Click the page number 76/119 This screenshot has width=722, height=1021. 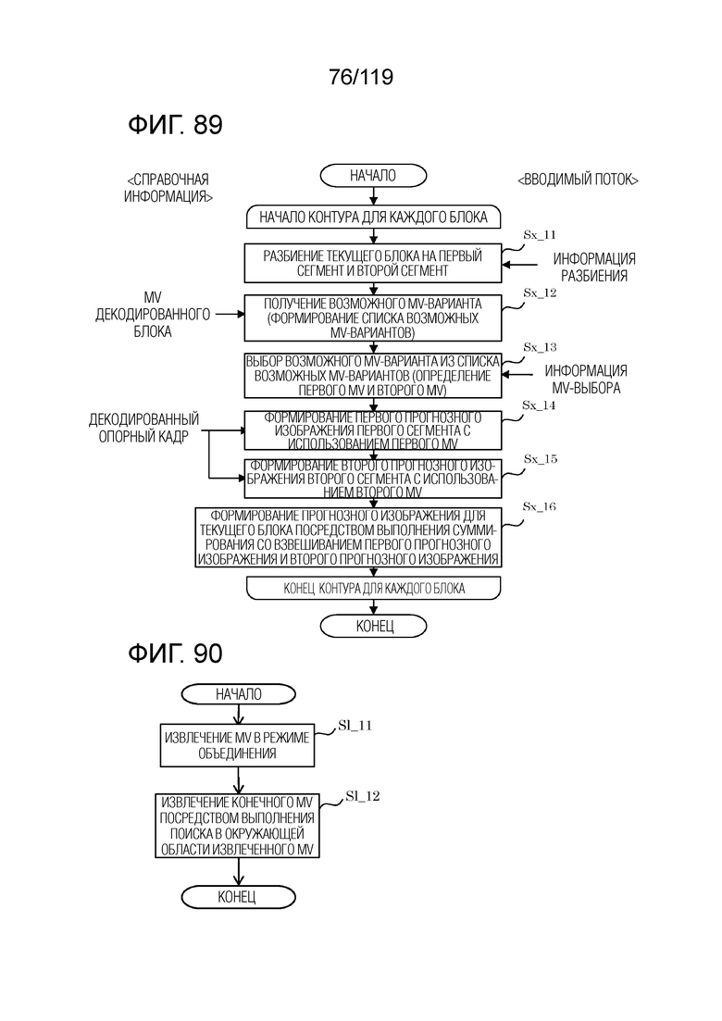click(x=361, y=78)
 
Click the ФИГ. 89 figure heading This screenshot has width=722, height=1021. click(x=175, y=124)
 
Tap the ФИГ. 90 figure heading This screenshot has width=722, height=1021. click(x=175, y=654)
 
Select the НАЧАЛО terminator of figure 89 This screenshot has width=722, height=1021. click(x=373, y=175)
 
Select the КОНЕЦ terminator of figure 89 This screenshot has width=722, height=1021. click(x=373, y=627)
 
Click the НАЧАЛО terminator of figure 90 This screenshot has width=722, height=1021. click(x=238, y=695)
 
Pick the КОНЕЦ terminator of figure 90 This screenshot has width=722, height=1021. click(x=238, y=897)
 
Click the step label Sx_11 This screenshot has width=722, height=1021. click(x=540, y=235)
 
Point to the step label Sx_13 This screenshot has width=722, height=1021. click(x=540, y=347)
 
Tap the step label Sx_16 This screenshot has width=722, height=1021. click(x=539, y=506)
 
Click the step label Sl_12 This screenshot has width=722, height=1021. click(x=363, y=796)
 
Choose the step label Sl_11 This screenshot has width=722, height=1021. click(x=355, y=726)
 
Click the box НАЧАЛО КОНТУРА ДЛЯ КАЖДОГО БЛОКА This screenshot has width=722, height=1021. click(x=373, y=218)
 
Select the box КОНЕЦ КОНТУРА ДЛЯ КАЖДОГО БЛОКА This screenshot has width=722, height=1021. click(x=373, y=589)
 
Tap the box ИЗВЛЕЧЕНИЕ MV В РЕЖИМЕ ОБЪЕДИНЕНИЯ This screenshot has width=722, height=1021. click(x=237, y=745)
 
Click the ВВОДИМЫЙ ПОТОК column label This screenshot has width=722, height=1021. click(x=578, y=180)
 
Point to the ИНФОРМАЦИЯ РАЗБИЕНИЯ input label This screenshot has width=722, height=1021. click(x=593, y=267)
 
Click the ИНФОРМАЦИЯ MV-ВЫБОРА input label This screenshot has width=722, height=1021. click(x=586, y=379)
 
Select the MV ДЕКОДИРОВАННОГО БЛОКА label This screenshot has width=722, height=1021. click(x=153, y=315)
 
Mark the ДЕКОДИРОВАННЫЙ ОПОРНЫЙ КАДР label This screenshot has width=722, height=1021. click(x=143, y=428)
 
